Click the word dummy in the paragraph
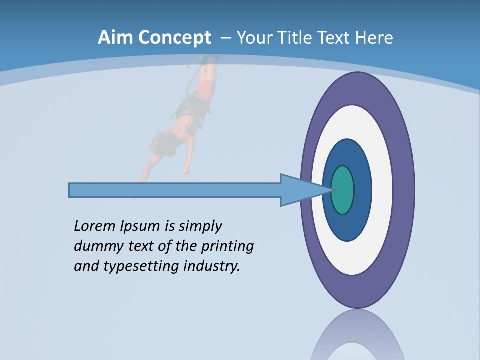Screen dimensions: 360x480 pos(98,246)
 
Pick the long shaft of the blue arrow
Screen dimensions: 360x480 pos(175,190)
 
